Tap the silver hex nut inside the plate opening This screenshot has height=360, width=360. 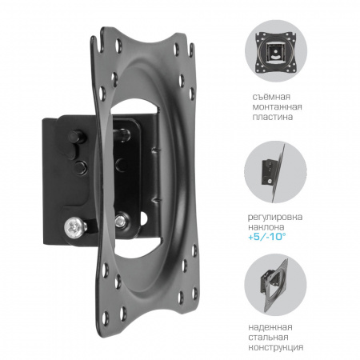click(122, 221)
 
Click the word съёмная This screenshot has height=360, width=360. click(271, 96)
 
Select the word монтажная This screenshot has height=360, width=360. click(277, 106)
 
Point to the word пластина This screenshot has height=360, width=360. click(272, 117)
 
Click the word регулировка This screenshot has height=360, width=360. click(275, 217)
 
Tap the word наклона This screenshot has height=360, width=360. click(266, 227)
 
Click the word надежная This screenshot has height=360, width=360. click(270, 327)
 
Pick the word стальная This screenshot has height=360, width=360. click(268, 337)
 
